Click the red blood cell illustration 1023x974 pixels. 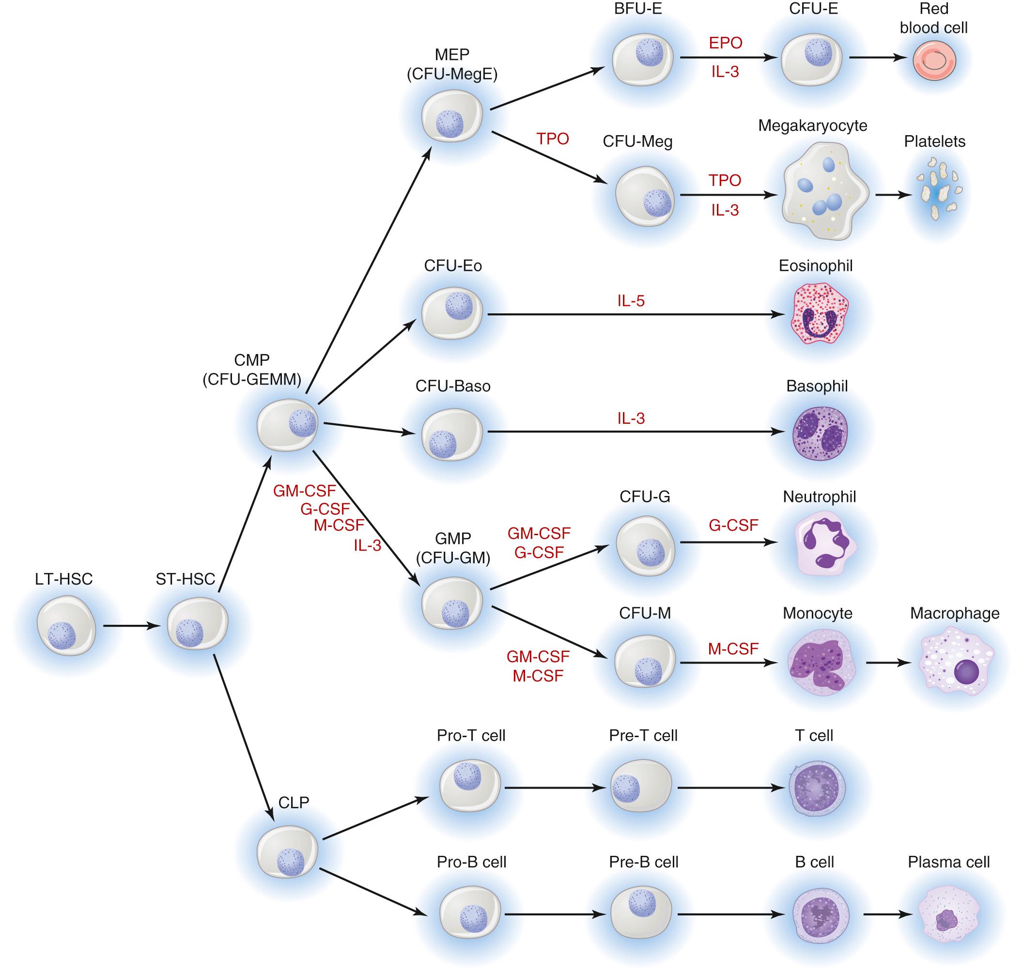(x=934, y=61)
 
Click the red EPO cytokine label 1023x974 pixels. (x=725, y=43)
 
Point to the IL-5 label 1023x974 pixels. (x=631, y=301)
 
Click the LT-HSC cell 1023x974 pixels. (x=66, y=626)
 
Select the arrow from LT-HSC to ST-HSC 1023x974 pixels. (x=131, y=626)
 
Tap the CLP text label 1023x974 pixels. (x=294, y=803)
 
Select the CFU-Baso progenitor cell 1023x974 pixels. (x=451, y=434)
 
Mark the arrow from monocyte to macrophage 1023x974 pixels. (x=888, y=663)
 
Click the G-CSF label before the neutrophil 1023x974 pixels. (x=733, y=525)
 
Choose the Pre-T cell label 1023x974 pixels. (x=643, y=735)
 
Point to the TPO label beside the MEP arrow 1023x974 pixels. (x=553, y=139)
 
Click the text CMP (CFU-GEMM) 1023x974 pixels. (x=252, y=370)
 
